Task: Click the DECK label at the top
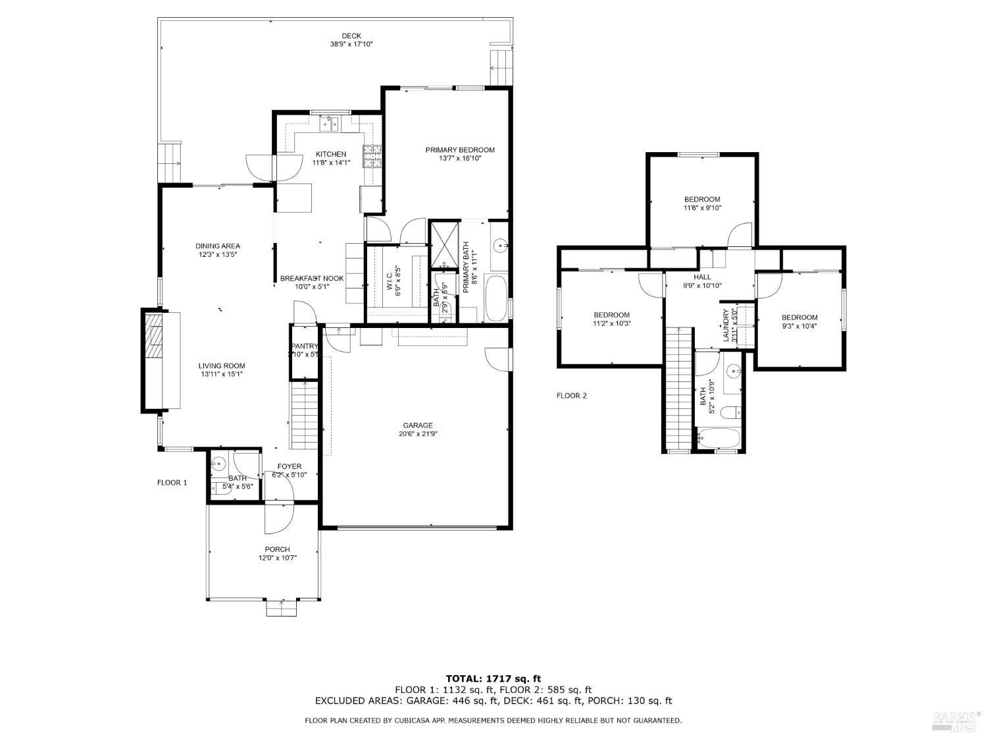click(351, 36)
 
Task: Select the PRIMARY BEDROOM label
click(459, 150)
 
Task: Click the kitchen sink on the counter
click(329, 123)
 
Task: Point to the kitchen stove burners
click(372, 157)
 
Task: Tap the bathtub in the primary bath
click(495, 299)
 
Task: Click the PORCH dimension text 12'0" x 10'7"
click(277, 558)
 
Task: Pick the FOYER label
click(289, 466)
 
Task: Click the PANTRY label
click(304, 346)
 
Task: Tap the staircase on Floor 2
click(678, 389)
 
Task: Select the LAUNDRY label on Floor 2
click(726, 325)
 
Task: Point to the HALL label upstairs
click(702, 277)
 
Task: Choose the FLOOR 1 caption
click(172, 483)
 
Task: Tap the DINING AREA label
click(217, 246)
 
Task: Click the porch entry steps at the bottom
click(282, 609)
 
